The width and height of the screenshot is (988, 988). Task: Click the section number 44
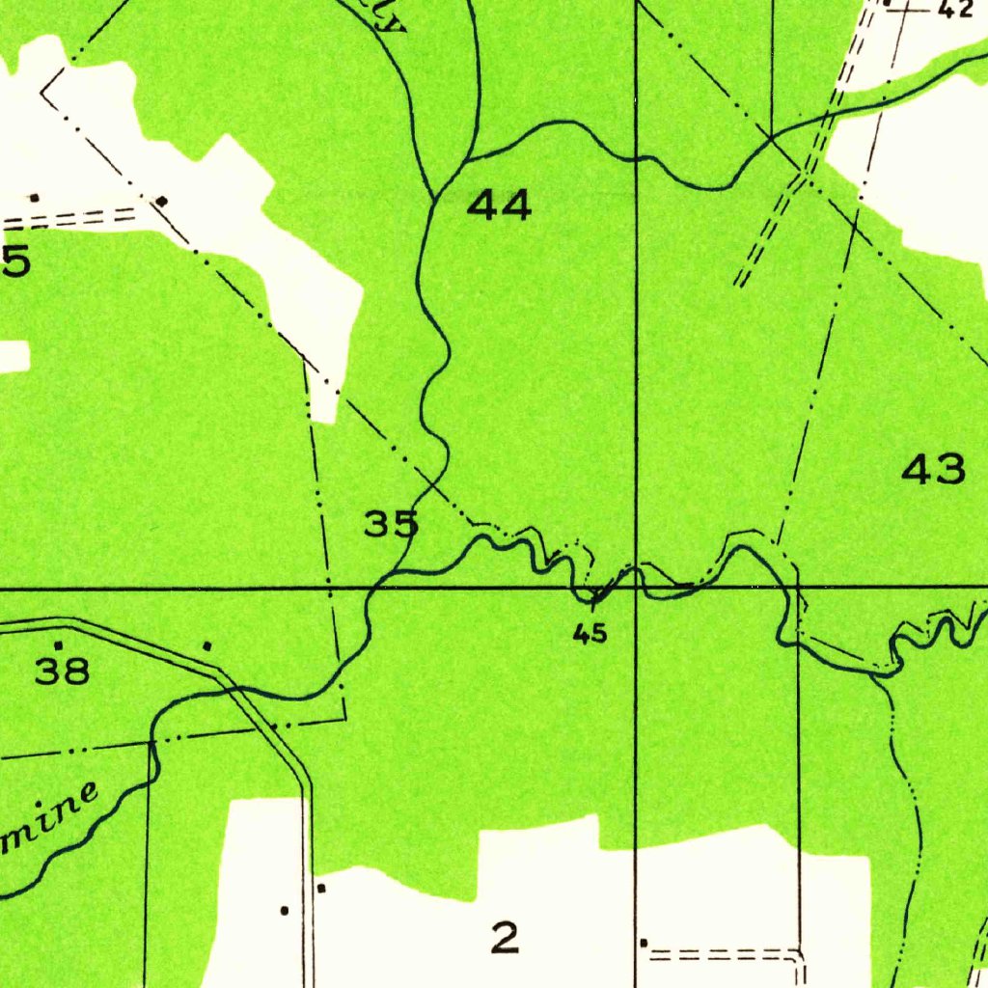pyautogui.click(x=499, y=205)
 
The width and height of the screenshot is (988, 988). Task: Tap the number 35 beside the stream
pyautogui.click(x=391, y=525)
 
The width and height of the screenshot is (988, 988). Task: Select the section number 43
pyautogui.click(x=933, y=470)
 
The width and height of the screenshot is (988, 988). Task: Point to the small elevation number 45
pyautogui.click(x=589, y=634)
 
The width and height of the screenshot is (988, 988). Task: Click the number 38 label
pyautogui.click(x=63, y=670)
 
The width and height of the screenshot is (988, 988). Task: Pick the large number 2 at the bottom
pyautogui.click(x=504, y=937)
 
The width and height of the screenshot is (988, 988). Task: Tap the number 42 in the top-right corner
pyautogui.click(x=954, y=10)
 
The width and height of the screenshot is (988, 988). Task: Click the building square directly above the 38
pyautogui.click(x=58, y=645)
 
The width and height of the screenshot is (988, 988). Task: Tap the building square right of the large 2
pyautogui.click(x=644, y=942)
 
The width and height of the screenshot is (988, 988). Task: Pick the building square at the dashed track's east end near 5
pyautogui.click(x=162, y=201)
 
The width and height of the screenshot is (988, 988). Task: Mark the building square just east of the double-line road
pyautogui.click(x=321, y=888)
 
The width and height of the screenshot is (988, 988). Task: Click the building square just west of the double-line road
pyautogui.click(x=284, y=910)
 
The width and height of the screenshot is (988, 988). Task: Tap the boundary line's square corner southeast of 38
pyautogui.click(x=343, y=717)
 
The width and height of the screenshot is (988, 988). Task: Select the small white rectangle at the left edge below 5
pyautogui.click(x=14, y=355)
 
